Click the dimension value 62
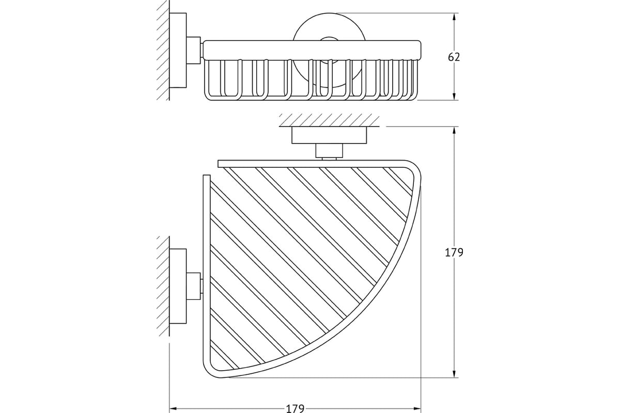[x=454, y=57]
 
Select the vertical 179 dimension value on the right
[x=454, y=252]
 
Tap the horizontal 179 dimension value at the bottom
[x=295, y=408]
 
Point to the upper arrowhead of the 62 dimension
[x=454, y=17]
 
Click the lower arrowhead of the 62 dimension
[x=454, y=96]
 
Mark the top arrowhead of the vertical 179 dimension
[x=454, y=131]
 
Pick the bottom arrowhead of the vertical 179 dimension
[x=454, y=373]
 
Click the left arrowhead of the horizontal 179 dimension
[x=173, y=408]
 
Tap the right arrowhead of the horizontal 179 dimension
[x=416, y=408]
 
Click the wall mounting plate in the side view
[x=178, y=51]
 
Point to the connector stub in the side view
[x=193, y=51]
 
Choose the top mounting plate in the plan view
[x=329, y=135]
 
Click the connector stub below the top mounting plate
[x=329, y=150]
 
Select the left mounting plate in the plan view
[x=178, y=286]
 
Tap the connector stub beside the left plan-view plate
[x=193, y=286]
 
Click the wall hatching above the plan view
[x=329, y=120]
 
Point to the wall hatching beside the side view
[x=163, y=51]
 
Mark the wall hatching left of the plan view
[x=163, y=286]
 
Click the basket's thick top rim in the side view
[x=312, y=50]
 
